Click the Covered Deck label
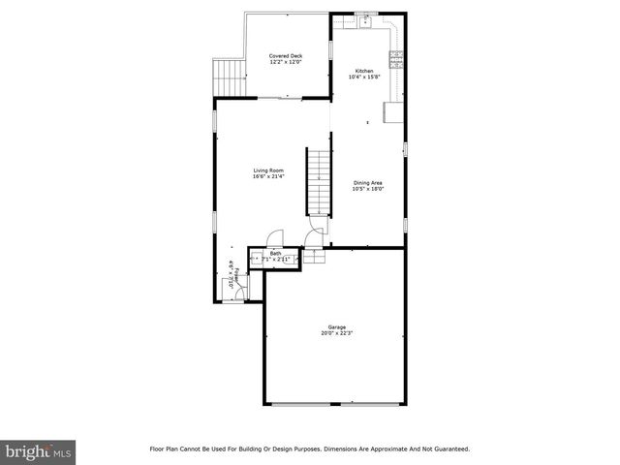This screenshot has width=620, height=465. (286, 56)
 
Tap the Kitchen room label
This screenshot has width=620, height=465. (363, 71)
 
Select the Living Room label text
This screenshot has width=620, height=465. (268, 170)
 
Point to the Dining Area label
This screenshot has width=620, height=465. (368, 182)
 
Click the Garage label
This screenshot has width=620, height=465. (336, 327)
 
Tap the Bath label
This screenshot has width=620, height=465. (276, 253)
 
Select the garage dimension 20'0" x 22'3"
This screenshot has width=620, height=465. (336, 334)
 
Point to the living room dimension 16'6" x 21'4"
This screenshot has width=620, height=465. (268, 177)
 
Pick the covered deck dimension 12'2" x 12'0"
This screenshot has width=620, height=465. (286, 63)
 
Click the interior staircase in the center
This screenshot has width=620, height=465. (321, 182)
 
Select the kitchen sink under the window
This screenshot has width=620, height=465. (365, 20)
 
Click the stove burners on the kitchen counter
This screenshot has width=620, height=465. (396, 57)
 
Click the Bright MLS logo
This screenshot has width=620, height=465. (38, 451)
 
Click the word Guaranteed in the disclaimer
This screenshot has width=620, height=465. (450, 449)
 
